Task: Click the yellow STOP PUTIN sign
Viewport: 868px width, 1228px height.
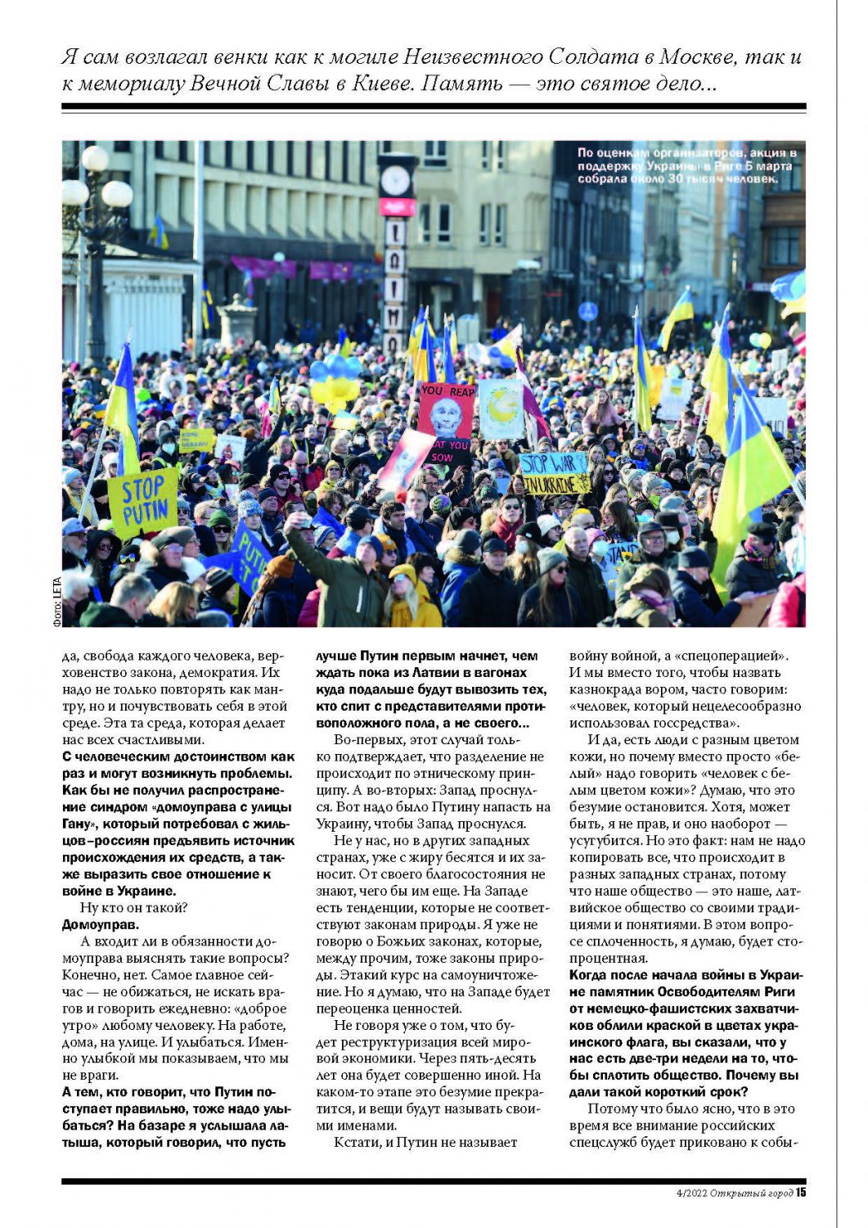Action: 143,500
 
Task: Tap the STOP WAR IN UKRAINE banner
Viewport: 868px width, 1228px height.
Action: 555,473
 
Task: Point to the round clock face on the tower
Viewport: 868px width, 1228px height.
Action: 395,181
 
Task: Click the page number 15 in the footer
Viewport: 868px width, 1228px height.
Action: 801,1192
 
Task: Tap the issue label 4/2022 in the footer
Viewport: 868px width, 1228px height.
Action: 686,1193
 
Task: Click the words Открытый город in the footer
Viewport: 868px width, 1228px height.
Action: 751,1193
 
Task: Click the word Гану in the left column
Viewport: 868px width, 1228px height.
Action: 77,824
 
